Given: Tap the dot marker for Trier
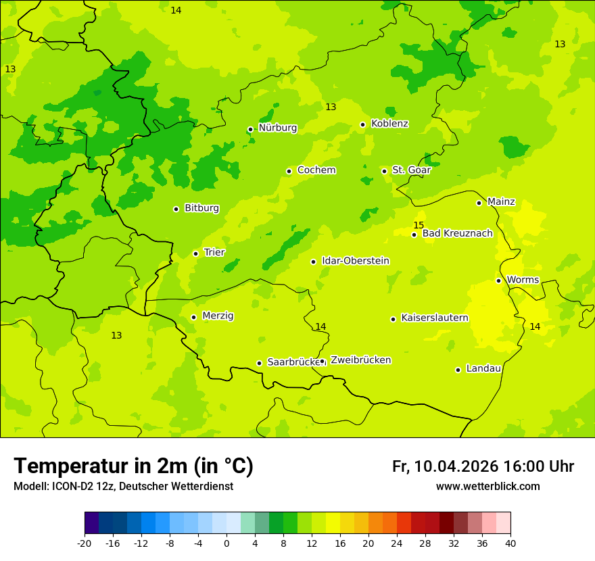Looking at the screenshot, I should pos(196,253).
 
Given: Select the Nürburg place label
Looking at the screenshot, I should pos(277,128).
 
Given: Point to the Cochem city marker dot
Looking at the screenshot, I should pos(289,171).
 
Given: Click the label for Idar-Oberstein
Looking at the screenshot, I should pos(356,261).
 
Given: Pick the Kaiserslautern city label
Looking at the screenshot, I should pos(435,318).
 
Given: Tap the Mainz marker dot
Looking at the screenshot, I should pos(479,203).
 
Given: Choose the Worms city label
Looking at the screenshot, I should pos(523,280).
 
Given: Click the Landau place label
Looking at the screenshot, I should pos(483,368).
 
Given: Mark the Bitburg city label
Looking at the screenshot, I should pos(201,208).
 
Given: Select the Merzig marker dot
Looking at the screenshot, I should pos(193,317).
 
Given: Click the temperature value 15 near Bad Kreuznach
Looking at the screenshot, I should pos(419,225).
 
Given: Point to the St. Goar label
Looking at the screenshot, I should pos(411,170).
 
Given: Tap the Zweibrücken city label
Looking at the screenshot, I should pos(360,360).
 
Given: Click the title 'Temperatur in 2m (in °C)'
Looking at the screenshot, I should pos(133,466).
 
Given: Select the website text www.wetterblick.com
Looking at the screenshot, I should pos(487,486).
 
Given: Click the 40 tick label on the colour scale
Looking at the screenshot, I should pos(510,543).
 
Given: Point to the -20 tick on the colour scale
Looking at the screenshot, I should pos(85,543).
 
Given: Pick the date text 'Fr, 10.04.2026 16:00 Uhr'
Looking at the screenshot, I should pos(483,466).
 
